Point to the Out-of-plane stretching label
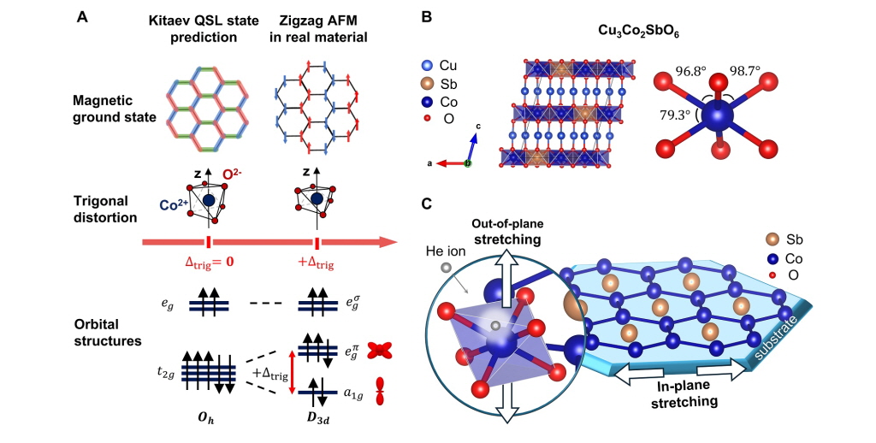tap(508, 230)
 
